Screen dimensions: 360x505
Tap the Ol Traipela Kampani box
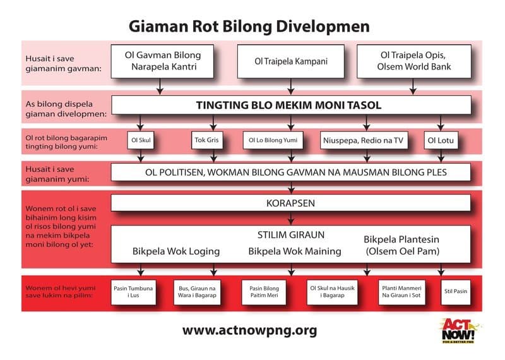[291, 61]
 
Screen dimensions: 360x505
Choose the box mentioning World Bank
[413, 61]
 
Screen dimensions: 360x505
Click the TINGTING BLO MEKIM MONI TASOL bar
[291, 105]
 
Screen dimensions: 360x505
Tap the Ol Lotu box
[440, 140]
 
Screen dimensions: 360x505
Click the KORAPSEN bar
[291, 203]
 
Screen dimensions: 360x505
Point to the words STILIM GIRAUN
[291, 235]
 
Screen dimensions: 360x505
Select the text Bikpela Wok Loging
[176, 251]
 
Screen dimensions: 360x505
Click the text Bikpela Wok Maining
[295, 251]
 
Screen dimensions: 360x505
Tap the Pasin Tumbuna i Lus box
[134, 292]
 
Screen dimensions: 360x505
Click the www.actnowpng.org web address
[249, 330]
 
